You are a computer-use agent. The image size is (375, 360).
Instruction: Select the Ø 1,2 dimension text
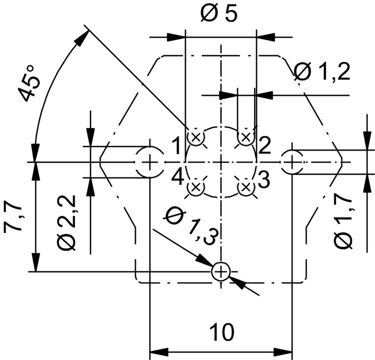click(322, 73)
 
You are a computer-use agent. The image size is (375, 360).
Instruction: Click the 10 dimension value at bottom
click(221, 333)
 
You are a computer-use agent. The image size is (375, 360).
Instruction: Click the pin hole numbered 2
click(246, 138)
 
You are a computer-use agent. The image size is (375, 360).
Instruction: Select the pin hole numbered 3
click(246, 187)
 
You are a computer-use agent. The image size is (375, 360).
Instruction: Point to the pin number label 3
click(263, 178)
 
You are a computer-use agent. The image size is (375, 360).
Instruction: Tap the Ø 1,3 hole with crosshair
click(220, 271)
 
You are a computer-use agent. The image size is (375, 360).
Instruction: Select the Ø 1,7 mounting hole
click(292, 162)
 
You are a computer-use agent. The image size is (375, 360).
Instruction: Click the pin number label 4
click(177, 177)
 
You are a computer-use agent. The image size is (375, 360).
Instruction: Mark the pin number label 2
click(263, 147)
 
